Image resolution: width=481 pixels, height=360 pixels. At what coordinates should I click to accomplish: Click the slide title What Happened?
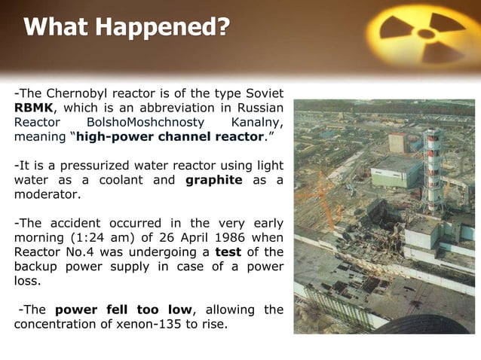click(127, 28)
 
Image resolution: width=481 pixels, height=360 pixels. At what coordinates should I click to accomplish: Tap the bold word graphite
click(213, 180)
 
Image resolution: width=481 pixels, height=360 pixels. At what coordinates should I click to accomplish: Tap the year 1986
click(220, 237)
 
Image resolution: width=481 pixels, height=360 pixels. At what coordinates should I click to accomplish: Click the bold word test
click(228, 252)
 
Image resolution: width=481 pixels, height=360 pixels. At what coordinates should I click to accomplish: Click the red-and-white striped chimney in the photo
click(432, 169)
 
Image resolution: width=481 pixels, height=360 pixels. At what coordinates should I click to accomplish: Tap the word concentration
click(54, 324)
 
